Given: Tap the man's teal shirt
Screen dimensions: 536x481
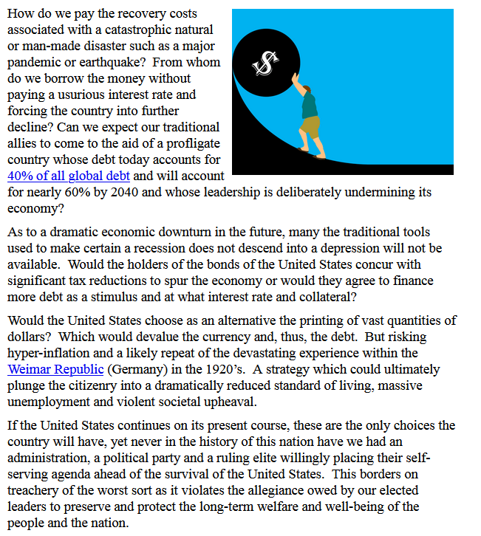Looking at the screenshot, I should pos(310,103).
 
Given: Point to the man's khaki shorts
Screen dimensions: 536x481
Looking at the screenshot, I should pos(311,126).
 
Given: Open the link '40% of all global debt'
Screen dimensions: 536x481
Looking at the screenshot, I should pos(69,176).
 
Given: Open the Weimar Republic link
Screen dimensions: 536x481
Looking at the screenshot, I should pos(56,368).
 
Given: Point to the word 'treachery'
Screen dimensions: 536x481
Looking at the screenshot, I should pos(38,490).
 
